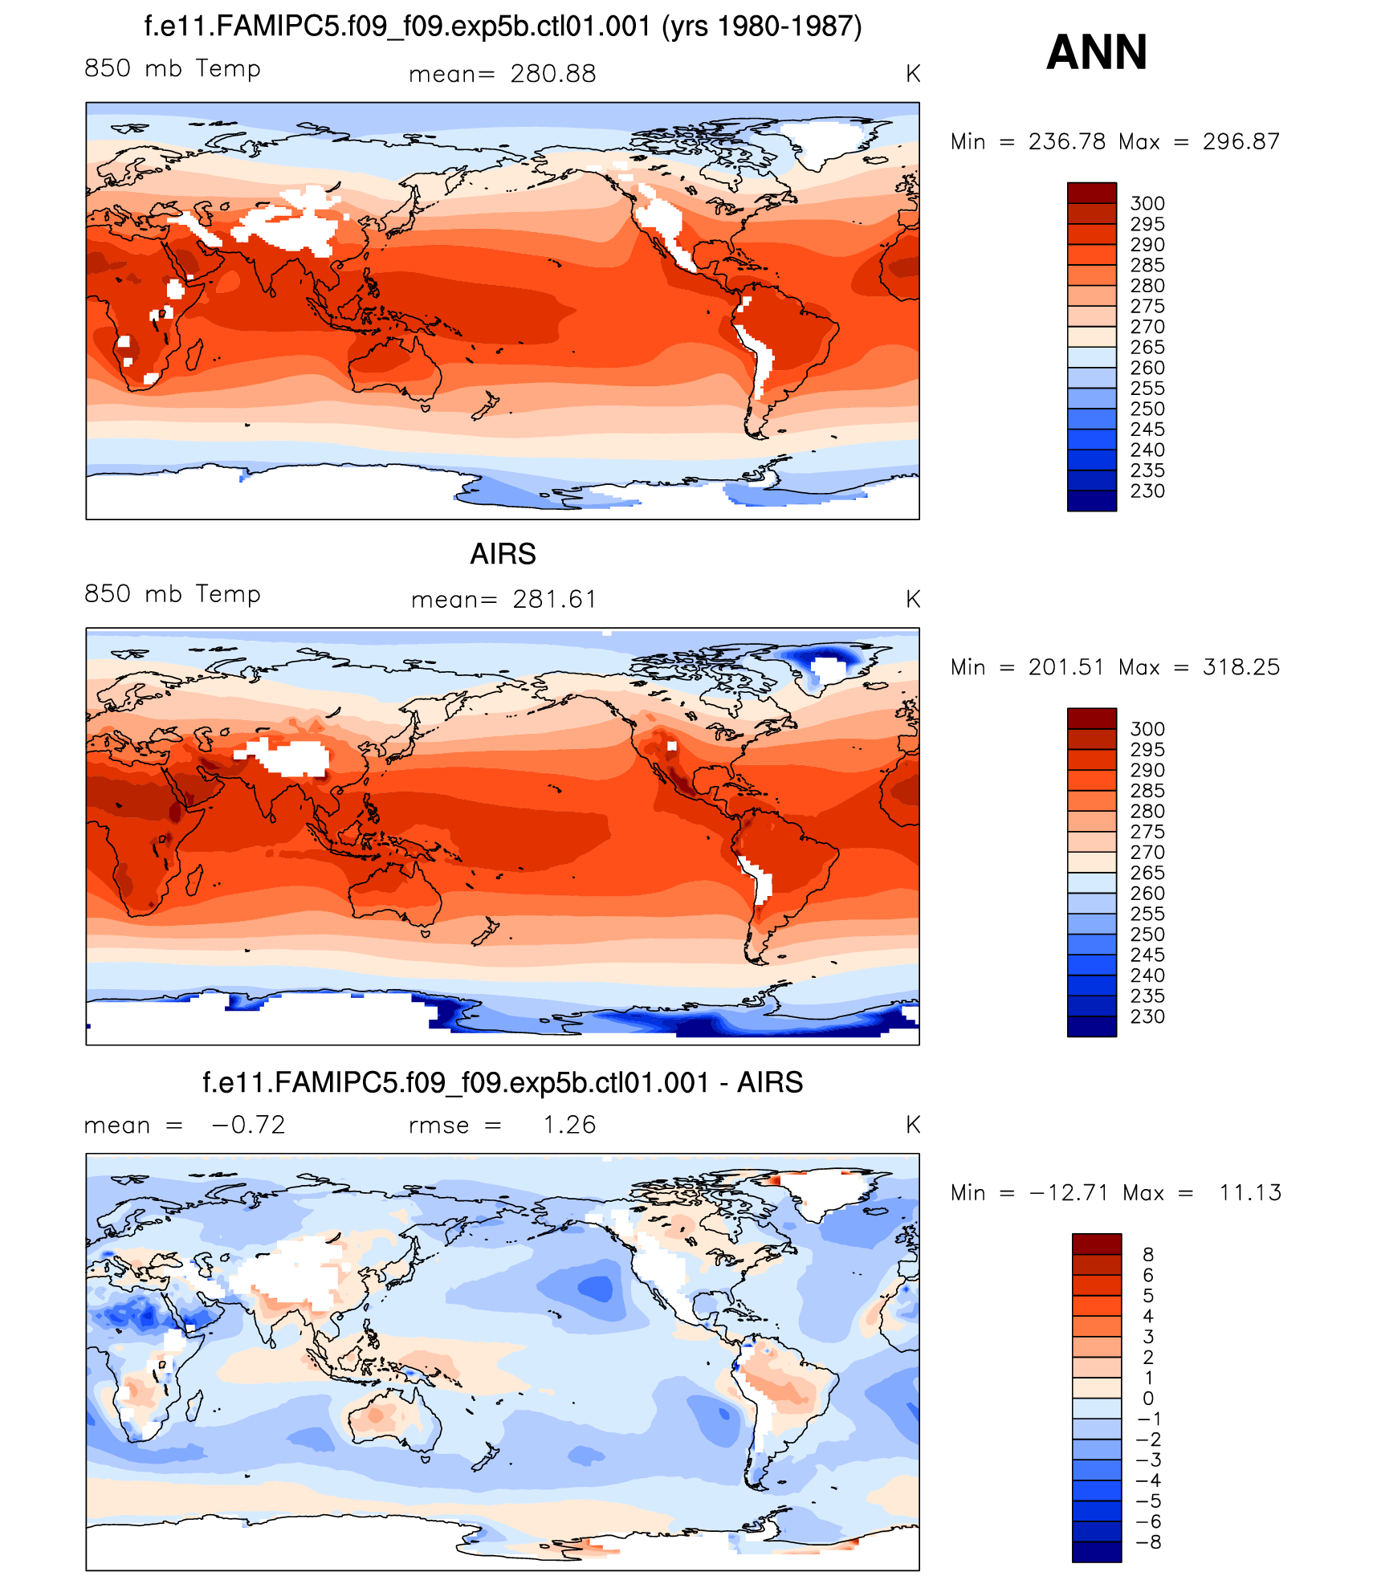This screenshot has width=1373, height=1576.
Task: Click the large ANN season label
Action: click(x=1096, y=53)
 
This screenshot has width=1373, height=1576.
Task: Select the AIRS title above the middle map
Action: click(x=503, y=554)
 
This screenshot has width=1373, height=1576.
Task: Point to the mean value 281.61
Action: click(x=555, y=600)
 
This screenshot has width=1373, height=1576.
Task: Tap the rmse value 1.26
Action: click(x=569, y=1125)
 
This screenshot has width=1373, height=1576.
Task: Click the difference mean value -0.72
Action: click(x=248, y=1125)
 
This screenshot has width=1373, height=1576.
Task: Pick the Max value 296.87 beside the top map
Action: click(x=1241, y=142)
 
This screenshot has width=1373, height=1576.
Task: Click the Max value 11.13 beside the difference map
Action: click(x=1249, y=1193)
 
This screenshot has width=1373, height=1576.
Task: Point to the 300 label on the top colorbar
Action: click(x=1147, y=203)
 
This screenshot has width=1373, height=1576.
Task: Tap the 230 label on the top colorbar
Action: click(x=1147, y=491)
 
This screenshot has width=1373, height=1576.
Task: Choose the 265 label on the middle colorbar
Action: click(x=1147, y=873)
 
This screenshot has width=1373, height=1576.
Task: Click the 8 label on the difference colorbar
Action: click(x=1148, y=1255)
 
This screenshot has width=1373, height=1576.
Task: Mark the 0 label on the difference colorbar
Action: click(x=1148, y=1399)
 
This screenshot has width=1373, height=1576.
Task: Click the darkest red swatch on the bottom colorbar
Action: click(x=1096, y=1244)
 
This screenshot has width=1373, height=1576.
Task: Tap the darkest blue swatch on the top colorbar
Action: click(x=1091, y=501)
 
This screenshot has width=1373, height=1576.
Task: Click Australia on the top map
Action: click(x=393, y=365)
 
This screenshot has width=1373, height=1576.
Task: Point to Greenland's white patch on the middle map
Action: click(x=831, y=666)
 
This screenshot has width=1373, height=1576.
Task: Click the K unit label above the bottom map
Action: click(x=912, y=1125)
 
